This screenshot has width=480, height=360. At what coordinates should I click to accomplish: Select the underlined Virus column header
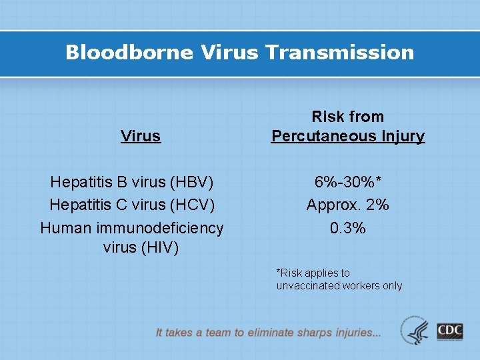click(141, 136)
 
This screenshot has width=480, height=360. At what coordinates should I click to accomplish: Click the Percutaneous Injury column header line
click(347, 136)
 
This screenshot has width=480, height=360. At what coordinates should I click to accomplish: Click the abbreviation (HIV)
click(159, 248)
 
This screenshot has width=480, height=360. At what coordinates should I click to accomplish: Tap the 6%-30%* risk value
click(347, 181)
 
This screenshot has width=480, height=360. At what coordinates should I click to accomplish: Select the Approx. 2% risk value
click(347, 205)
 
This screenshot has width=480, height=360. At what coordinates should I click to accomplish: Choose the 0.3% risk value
click(347, 228)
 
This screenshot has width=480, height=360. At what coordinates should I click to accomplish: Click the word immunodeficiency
click(160, 228)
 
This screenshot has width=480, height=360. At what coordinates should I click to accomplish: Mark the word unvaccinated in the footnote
click(304, 286)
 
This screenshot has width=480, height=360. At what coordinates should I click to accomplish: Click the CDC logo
click(450, 331)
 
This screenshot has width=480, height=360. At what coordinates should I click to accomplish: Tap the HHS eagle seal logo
click(415, 331)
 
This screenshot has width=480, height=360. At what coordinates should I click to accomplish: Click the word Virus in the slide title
click(223, 53)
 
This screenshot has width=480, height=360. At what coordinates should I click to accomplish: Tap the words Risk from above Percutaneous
click(347, 117)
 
